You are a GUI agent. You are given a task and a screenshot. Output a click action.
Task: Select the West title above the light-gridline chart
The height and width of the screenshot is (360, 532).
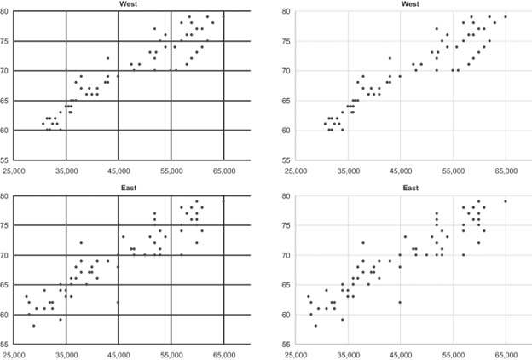[x=410, y=4]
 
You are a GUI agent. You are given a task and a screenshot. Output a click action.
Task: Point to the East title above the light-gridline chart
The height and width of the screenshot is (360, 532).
[x=410, y=188]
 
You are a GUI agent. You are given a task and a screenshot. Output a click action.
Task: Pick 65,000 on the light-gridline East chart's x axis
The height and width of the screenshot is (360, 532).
[x=506, y=354]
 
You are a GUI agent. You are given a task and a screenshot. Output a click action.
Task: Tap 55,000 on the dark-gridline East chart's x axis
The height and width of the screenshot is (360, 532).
[x=171, y=354]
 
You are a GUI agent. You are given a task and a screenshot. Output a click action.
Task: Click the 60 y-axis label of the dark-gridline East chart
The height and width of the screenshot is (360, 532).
[x=5, y=315]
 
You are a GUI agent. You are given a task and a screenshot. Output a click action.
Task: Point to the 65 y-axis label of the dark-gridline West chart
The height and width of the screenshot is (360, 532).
[x=5, y=101]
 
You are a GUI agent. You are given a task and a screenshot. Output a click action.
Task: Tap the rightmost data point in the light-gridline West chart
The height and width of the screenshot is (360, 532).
[x=506, y=16]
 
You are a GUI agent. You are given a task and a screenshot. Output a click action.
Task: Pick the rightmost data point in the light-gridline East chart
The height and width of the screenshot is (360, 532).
[x=506, y=201]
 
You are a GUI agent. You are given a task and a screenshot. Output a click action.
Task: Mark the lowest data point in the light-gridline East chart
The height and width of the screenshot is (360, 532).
[x=315, y=326]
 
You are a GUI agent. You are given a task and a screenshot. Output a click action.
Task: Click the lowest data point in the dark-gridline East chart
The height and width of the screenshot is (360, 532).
[x=33, y=326]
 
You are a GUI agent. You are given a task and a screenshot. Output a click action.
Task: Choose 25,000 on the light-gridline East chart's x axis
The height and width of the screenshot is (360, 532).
[x=296, y=354]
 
